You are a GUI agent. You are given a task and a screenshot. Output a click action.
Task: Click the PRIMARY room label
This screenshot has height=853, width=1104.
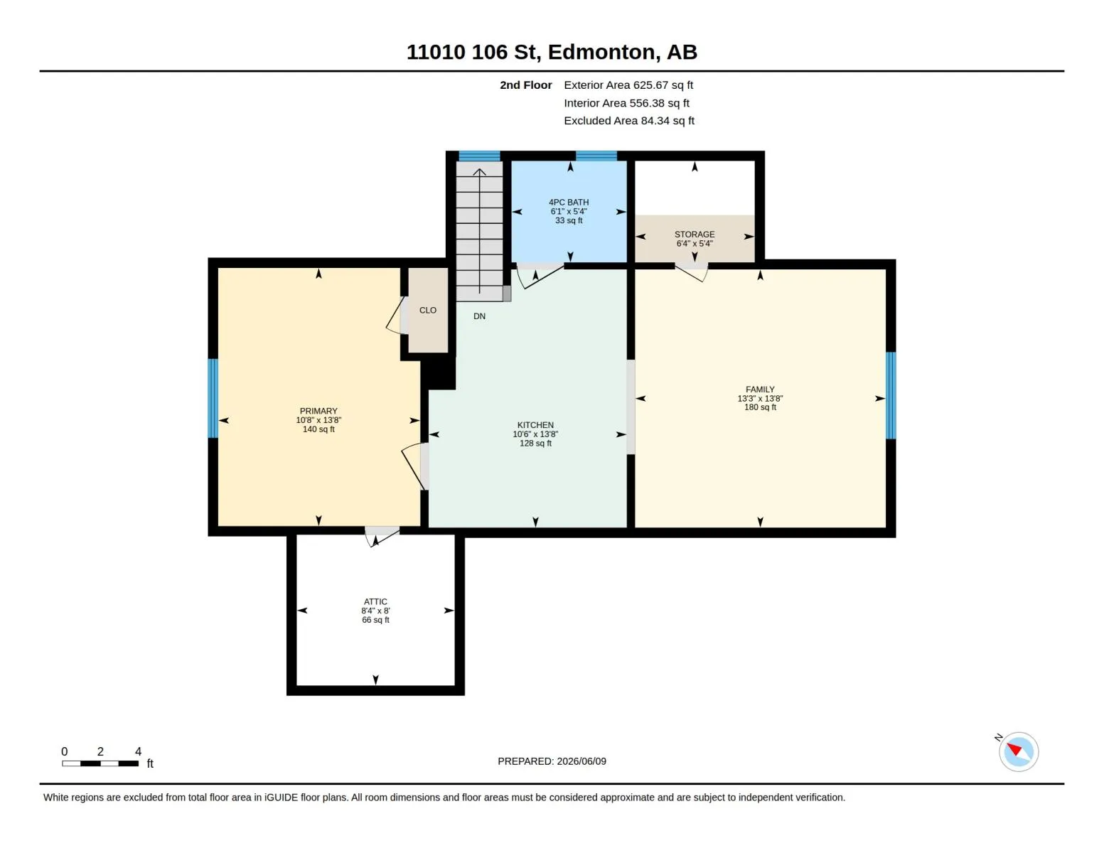pos(318,410)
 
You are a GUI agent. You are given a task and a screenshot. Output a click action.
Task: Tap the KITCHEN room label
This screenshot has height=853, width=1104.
pos(535,424)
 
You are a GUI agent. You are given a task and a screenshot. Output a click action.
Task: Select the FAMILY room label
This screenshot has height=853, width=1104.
pos(759,389)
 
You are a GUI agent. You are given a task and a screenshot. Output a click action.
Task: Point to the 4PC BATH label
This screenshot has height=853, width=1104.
pos(569,202)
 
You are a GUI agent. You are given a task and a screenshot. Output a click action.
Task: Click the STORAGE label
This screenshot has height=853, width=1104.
pos(694,234)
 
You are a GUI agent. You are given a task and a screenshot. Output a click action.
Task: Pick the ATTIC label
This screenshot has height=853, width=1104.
pos(375,601)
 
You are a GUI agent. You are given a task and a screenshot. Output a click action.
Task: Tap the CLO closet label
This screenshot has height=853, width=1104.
pos(428,310)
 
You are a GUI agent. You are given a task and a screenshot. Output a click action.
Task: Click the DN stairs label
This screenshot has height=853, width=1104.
pos(479,316)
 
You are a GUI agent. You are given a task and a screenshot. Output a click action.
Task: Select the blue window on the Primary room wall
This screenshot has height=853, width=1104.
pos(213,398)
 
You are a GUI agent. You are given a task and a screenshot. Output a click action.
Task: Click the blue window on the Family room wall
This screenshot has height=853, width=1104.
pos(891,395)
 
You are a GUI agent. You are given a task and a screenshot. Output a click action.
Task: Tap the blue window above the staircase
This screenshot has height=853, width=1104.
pos(479,156)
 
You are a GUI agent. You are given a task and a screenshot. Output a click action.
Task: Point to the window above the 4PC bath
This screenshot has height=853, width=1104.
pos(596,156)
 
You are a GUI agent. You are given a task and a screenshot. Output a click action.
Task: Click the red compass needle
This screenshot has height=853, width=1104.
pos(1014,749)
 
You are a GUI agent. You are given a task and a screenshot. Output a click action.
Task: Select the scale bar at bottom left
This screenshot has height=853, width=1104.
pos(100,763)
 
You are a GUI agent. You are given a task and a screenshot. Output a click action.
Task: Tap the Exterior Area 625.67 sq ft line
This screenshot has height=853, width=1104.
pos(628,85)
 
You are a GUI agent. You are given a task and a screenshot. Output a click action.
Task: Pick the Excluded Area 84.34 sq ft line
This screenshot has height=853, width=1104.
pos(629,120)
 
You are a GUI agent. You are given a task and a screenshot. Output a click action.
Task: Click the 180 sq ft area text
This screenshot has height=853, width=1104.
pos(759,407)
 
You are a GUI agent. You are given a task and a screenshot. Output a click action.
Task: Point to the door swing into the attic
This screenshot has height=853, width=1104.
pos(382,537)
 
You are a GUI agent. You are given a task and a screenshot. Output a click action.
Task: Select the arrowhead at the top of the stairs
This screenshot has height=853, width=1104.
pos(479,172)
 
